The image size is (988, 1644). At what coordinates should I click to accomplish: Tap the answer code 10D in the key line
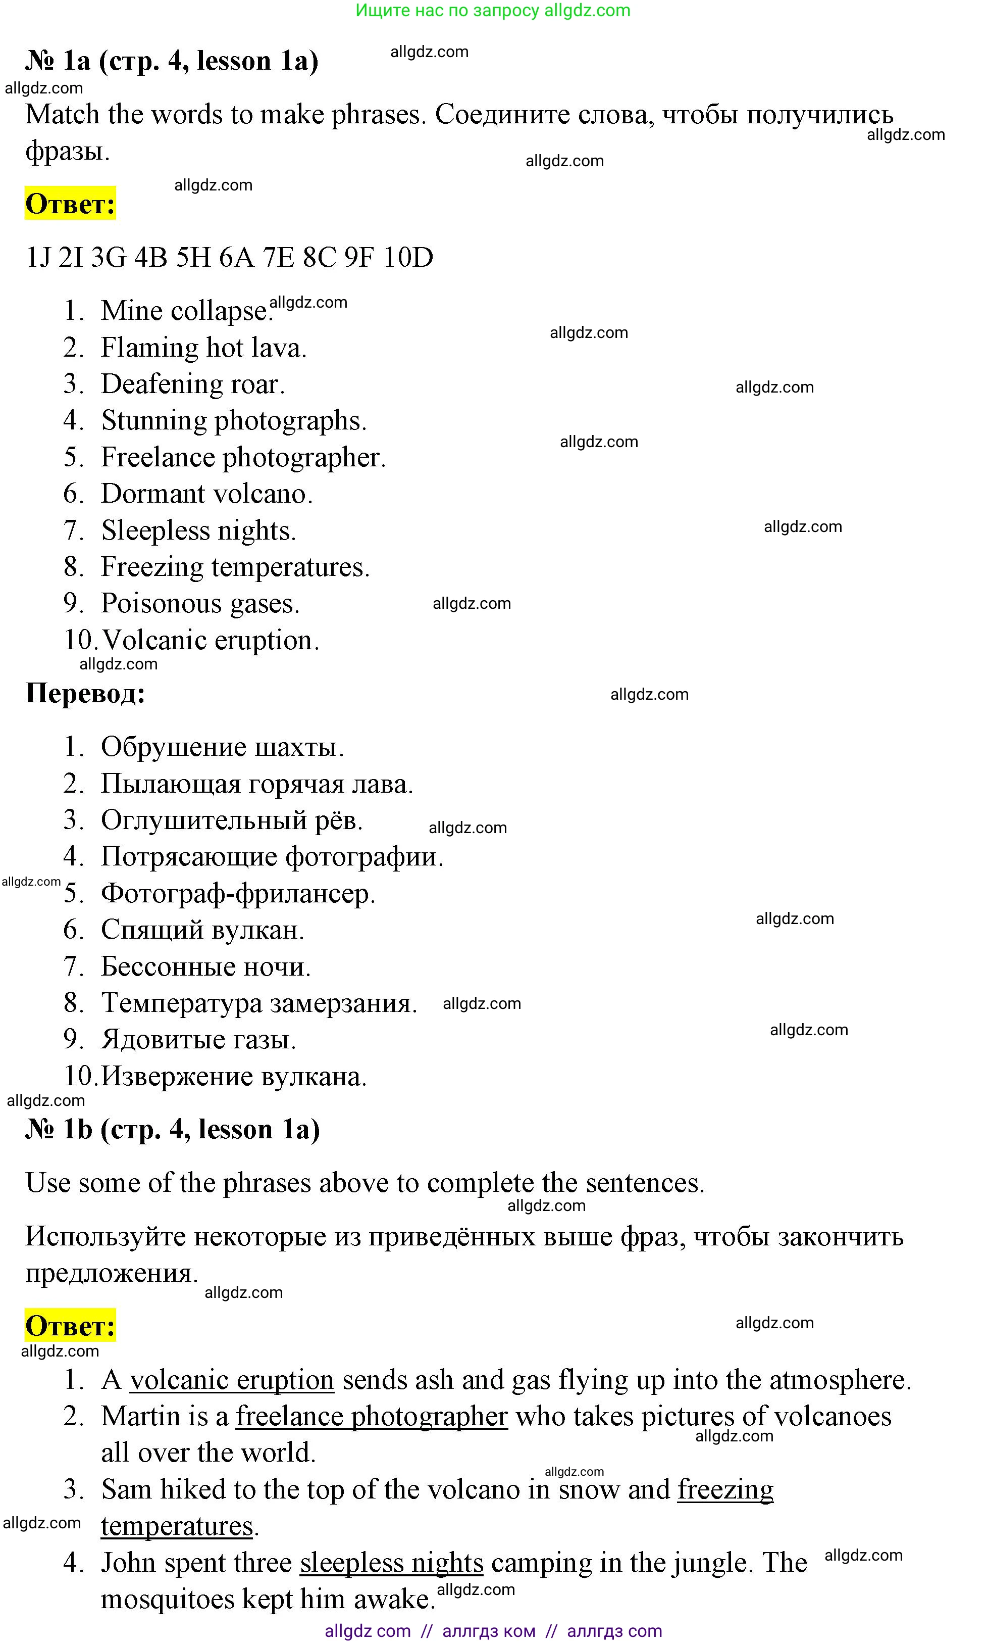click(408, 257)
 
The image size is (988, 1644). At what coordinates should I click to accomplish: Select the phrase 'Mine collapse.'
click(186, 311)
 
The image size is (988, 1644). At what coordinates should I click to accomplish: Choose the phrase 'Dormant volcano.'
click(206, 494)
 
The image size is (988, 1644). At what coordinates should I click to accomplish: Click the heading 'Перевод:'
click(85, 694)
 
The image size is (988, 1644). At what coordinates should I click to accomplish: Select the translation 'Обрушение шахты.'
click(222, 747)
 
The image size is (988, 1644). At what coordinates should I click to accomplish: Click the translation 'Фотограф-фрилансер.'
click(238, 894)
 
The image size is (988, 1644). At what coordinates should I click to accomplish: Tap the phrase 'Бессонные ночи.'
click(205, 966)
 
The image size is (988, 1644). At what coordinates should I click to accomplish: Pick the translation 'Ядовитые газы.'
click(198, 1040)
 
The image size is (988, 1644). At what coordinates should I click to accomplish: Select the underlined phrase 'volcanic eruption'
click(232, 1380)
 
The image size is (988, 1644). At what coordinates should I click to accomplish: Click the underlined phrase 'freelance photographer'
click(372, 1417)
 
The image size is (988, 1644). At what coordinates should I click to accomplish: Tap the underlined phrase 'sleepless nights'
click(391, 1563)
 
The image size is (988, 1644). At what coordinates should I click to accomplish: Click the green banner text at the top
click(493, 11)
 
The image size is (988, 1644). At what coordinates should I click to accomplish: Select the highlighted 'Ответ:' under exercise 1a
click(70, 204)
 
